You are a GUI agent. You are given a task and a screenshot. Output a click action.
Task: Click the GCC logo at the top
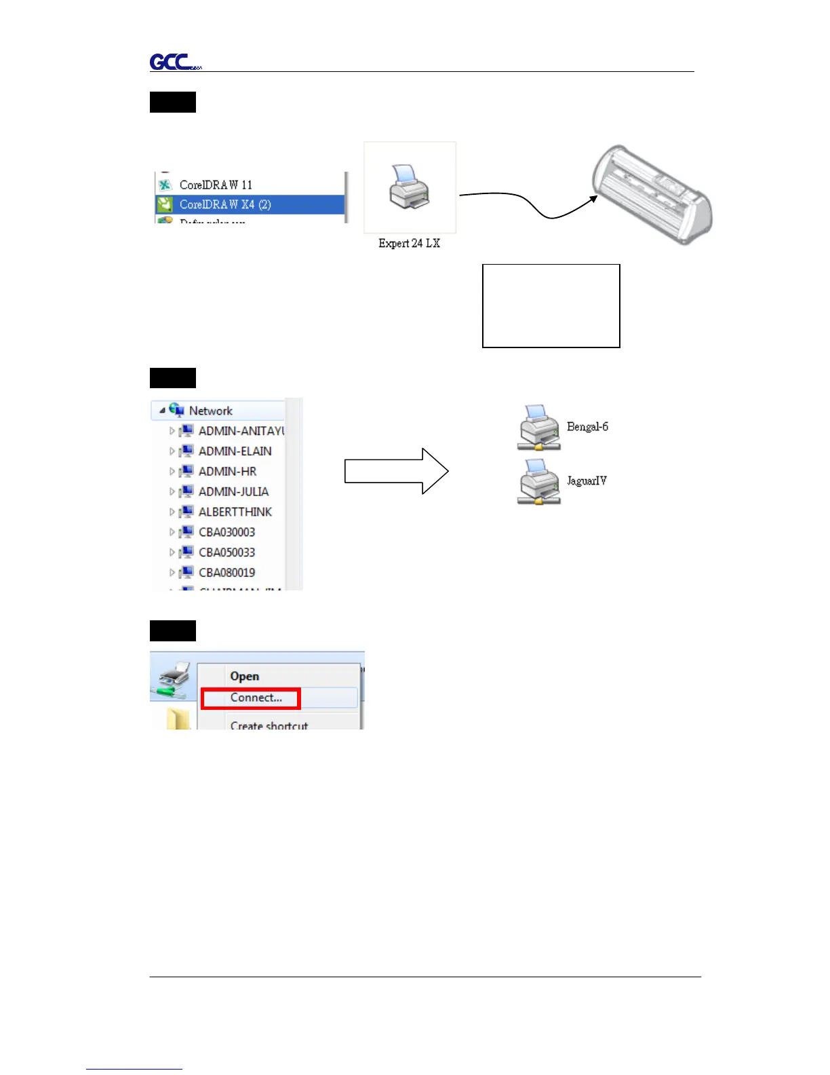pos(174,62)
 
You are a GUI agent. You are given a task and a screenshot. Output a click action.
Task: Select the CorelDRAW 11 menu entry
pos(216,185)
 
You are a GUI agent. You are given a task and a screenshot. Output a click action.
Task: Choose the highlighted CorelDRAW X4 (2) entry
pos(225,204)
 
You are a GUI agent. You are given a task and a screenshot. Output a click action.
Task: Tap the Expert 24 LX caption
pos(409,243)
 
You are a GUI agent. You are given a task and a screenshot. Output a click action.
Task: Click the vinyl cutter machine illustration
pos(652,194)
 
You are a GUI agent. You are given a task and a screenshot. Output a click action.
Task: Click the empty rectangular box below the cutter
pos(551,305)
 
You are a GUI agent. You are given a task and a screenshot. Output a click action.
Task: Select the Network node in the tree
pos(210,411)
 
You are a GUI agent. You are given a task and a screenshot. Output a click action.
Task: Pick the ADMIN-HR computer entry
pos(227,471)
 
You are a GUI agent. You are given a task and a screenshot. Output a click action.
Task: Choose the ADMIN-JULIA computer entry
pos(233,491)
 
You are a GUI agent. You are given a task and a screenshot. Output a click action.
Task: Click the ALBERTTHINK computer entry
pos(235,512)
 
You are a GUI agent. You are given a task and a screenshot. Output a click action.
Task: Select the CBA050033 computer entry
pos(226,552)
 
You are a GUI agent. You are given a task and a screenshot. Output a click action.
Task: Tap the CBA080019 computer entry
pos(226,573)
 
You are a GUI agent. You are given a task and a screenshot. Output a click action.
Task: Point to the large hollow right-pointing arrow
pos(396,471)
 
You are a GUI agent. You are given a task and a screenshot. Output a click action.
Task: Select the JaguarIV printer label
pos(587,480)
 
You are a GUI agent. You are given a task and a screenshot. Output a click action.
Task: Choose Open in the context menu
pos(244,676)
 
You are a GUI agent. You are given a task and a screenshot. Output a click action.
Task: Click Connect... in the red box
pos(256,698)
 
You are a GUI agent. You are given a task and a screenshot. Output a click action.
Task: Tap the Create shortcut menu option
pos(269,725)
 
